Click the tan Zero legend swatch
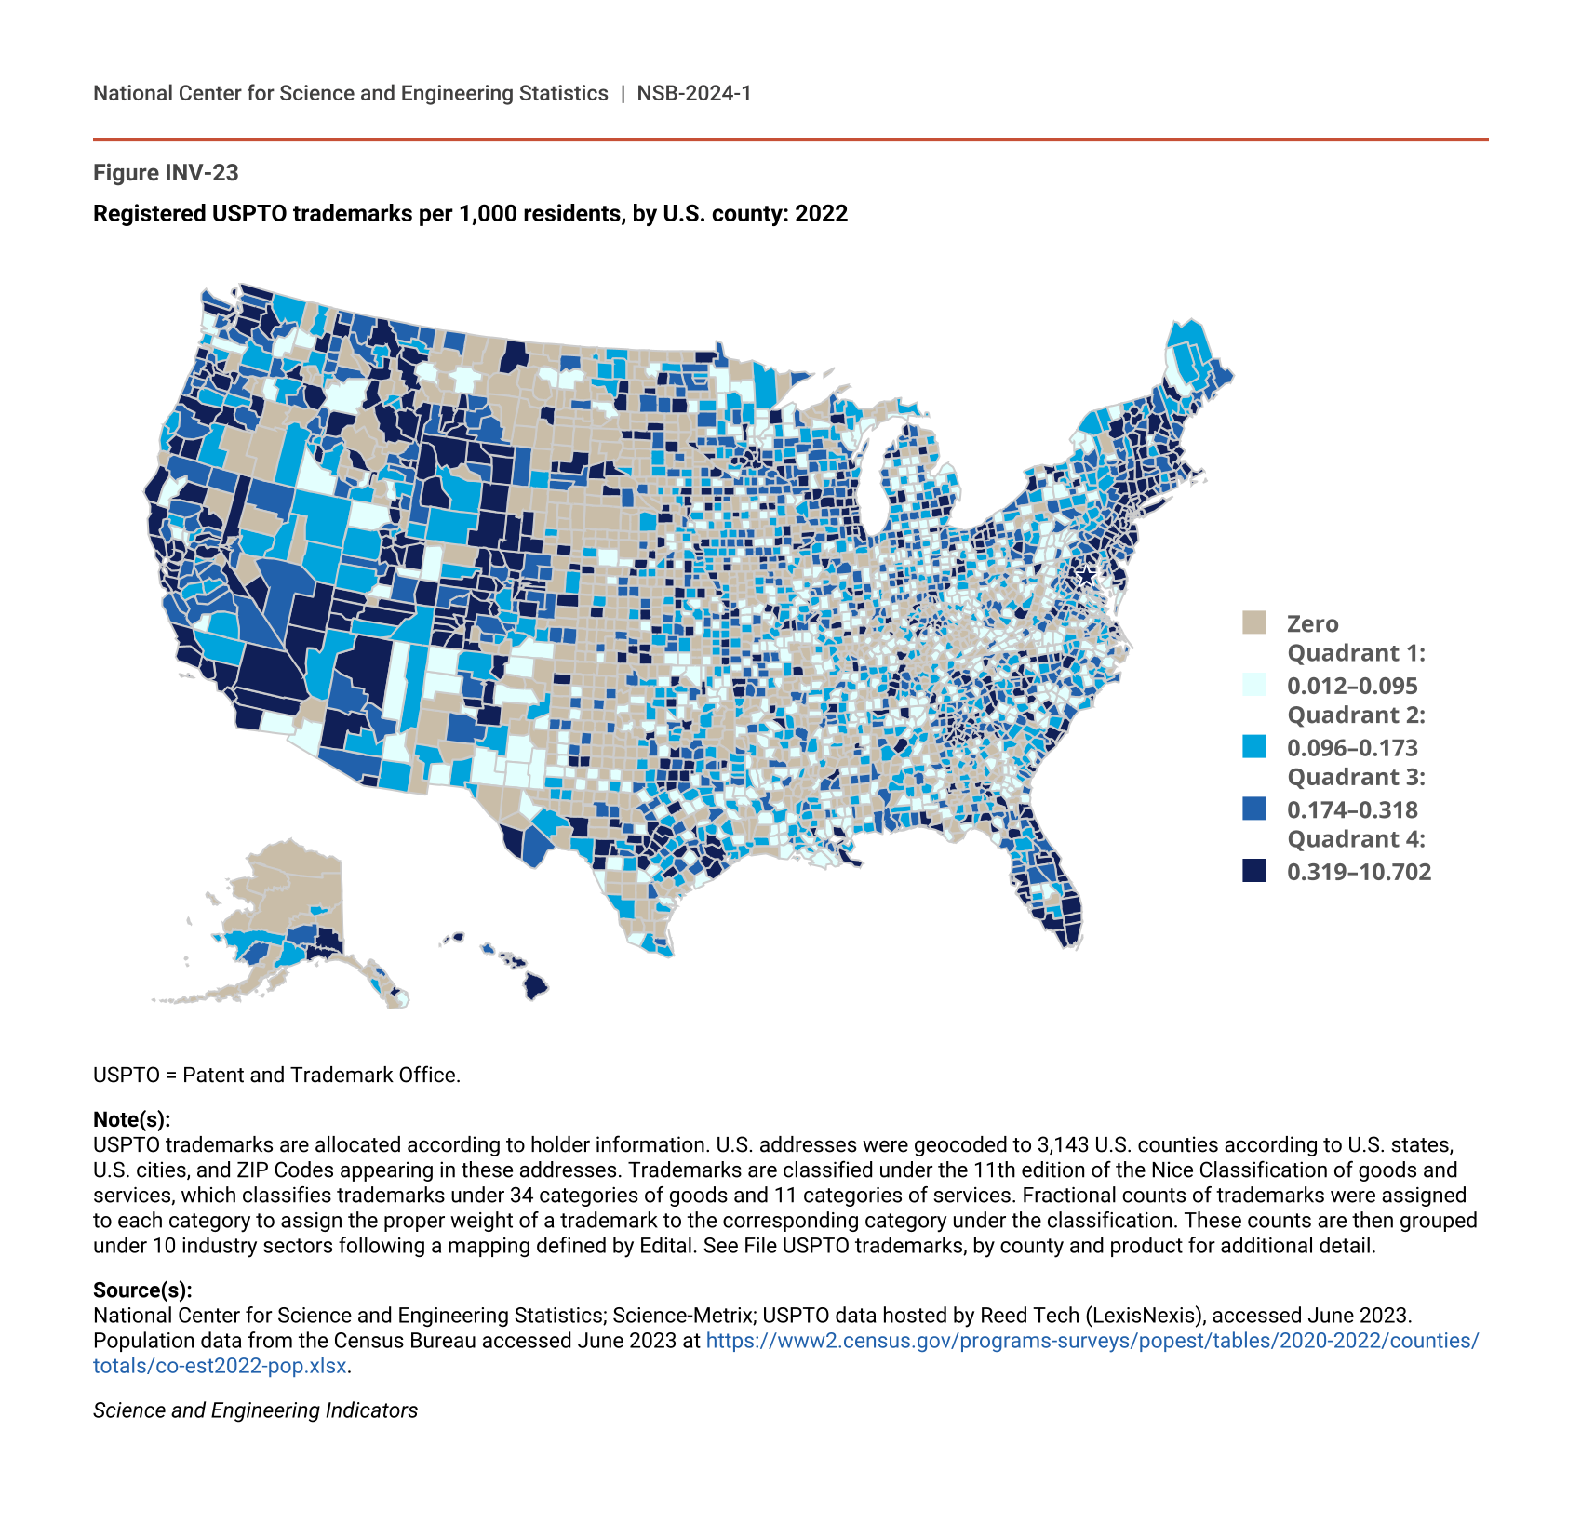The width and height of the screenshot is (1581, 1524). (1253, 622)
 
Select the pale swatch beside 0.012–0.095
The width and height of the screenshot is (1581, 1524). (1253, 685)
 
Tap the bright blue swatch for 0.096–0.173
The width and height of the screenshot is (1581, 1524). (1253, 746)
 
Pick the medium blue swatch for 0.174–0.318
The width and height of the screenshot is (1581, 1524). (1253, 809)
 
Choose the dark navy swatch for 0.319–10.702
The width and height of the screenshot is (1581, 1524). (1253, 871)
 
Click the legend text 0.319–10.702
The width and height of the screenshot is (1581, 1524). (1359, 872)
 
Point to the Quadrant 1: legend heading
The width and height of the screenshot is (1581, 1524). (1356, 653)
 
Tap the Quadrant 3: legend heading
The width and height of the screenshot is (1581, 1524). (1356, 777)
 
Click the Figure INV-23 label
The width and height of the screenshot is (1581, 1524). (166, 173)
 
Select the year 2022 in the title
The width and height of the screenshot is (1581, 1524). (821, 214)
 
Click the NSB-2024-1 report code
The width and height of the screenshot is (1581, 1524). (694, 93)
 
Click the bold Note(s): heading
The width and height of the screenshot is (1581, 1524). (131, 1119)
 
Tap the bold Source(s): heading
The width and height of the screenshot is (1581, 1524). (142, 1290)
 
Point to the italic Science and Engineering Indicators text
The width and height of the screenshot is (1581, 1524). (255, 1410)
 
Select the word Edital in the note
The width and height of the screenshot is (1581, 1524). (666, 1245)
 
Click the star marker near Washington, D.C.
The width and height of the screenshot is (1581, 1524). (1085, 575)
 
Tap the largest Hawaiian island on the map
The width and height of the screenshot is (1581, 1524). (534, 984)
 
